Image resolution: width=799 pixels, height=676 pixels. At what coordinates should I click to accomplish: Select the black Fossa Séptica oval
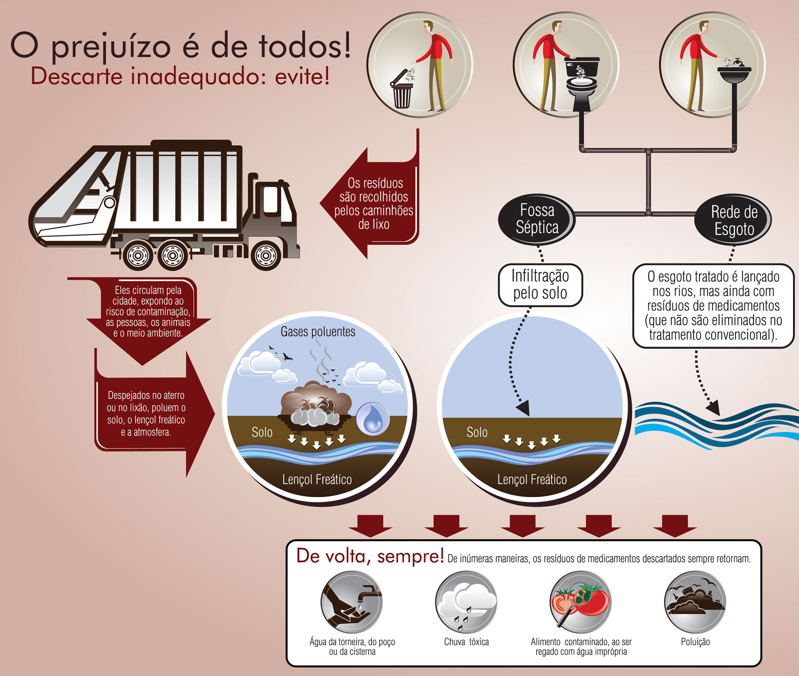pos(537,219)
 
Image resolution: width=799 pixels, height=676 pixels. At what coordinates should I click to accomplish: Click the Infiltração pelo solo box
pos(540,285)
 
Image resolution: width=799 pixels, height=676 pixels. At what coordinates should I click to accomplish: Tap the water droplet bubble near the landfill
pos(372,418)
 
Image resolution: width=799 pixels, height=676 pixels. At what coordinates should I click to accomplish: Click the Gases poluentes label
pos(318,331)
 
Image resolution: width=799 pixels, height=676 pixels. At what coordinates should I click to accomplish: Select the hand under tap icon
pos(352,602)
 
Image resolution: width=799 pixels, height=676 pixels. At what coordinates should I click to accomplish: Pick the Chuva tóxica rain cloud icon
pos(466,602)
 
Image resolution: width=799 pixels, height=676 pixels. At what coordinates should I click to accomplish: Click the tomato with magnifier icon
pos(580,602)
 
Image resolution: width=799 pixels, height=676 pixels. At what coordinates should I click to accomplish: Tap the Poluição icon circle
pos(695,602)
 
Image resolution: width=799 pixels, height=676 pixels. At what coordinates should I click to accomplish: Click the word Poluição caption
pos(696,642)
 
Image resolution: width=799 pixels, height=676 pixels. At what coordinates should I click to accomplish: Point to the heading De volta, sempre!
pos(370,556)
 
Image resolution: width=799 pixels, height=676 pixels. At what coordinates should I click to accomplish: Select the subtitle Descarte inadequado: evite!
pos(180,76)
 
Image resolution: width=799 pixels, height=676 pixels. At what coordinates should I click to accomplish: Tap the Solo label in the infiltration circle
pos(477,432)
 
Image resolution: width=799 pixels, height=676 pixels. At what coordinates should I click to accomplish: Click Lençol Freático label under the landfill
pos(317,479)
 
